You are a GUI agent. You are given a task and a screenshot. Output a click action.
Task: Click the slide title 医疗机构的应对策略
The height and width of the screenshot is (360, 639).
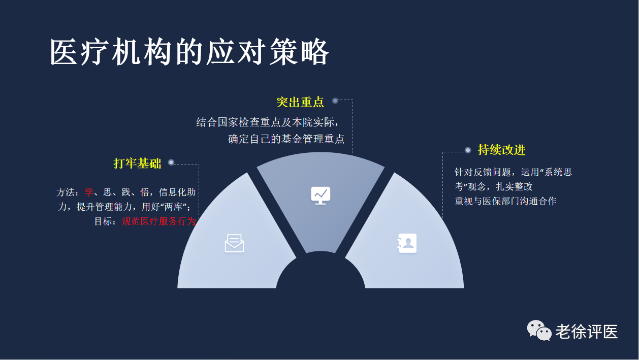coord(189,52)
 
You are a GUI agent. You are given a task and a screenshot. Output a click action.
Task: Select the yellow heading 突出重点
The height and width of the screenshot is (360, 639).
coord(300,102)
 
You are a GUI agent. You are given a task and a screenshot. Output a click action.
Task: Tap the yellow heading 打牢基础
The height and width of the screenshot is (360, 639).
coord(137,163)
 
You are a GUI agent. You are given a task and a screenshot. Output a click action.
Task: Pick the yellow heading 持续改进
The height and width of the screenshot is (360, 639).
coord(502,150)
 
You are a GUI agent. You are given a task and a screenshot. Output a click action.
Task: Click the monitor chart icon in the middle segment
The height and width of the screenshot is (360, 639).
coord(321,195)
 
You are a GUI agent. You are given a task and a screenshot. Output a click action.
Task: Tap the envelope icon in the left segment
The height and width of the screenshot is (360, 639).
coord(234,243)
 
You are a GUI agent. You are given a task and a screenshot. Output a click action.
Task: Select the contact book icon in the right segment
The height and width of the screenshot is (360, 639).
coord(407,243)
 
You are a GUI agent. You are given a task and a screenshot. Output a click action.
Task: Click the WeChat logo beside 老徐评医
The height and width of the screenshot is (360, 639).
coord(539,331)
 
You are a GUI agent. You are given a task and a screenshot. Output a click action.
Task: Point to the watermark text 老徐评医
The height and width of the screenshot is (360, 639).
coord(587,332)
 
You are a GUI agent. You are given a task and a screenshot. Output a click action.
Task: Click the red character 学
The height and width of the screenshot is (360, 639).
coord(89,192)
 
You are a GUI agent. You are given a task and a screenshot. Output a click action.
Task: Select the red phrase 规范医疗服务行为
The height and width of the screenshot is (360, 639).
coord(159,221)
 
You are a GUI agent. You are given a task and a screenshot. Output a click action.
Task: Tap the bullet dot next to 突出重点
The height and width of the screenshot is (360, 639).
coord(335,101)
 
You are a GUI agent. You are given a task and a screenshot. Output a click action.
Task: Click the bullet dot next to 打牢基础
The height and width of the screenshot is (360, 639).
coord(171,162)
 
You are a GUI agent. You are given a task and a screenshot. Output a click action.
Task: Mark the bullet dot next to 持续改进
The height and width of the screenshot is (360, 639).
coord(468,150)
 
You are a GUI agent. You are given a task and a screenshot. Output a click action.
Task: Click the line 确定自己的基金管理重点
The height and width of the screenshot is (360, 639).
coord(286,139)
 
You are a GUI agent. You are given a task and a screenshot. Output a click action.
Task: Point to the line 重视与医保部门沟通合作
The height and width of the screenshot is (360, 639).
coord(505,201)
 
